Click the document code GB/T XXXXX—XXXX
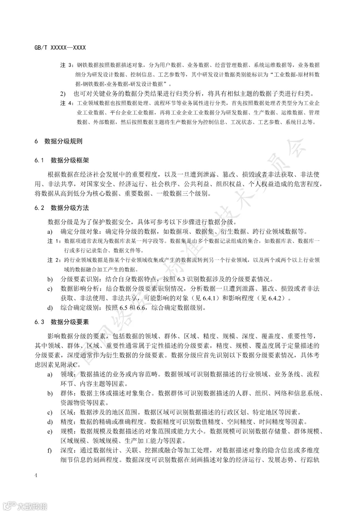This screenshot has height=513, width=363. pyautogui.click(x=60, y=48)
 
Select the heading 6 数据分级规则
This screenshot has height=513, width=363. pyautogui.click(x=58, y=141)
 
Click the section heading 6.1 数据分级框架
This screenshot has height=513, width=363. pyautogui.click(x=62, y=160)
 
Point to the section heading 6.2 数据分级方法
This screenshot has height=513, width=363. pyautogui.click(x=62, y=208)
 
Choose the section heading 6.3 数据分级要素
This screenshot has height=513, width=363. pyautogui.click(x=62, y=322)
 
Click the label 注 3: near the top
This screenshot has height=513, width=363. pyautogui.click(x=67, y=65)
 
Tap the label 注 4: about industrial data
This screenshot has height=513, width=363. pyautogui.click(x=67, y=103)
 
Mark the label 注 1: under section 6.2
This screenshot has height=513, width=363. pyautogui.click(x=54, y=241)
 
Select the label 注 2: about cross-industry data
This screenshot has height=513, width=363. pyautogui.click(x=54, y=260)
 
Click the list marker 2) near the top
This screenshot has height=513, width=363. pyautogui.click(x=63, y=93)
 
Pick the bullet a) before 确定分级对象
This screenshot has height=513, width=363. pyautogui.click(x=50, y=232)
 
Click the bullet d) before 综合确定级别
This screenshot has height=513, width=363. pyautogui.click(x=50, y=308)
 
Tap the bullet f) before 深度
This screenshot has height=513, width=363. pyautogui.click(x=50, y=450)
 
